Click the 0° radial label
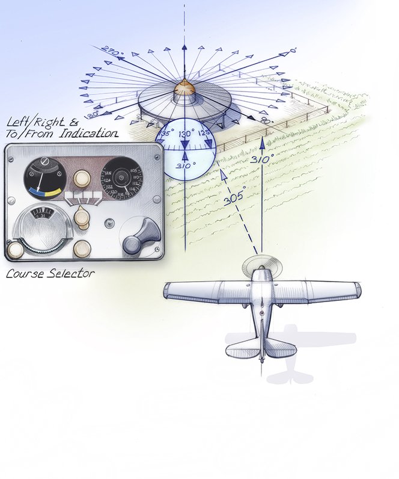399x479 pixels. pyautogui.click(x=293, y=52)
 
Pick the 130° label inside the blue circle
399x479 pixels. pyautogui.click(x=186, y=134)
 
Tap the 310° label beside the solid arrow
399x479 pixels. pyautogui.click(x=263, y=159)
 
